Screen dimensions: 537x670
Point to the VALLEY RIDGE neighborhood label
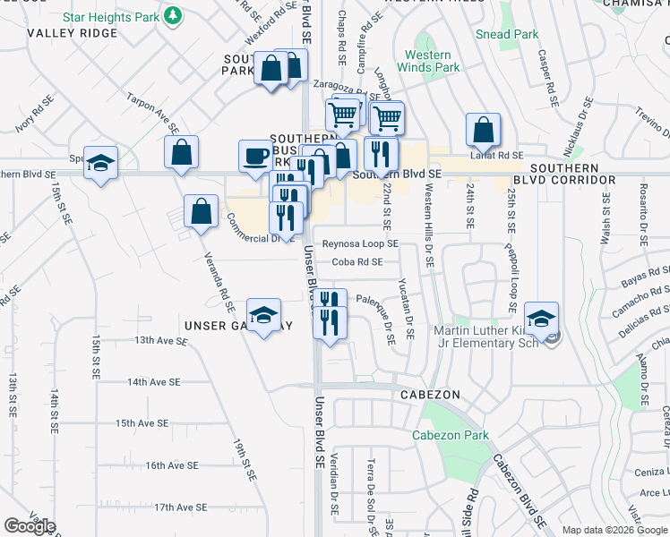(73, 33)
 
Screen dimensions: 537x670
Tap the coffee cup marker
(254, 157)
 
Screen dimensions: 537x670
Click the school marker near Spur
(101, 163)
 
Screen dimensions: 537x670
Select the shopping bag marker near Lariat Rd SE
(483, 131)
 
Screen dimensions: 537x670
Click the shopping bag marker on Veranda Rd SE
(202, 212)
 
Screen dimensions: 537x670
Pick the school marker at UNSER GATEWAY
(263, 315)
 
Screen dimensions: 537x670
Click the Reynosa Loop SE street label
(360, 243)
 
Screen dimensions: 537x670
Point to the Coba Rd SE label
(356, 261)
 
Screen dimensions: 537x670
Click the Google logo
(30, 526)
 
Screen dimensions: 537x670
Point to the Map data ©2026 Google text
(614, 530)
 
